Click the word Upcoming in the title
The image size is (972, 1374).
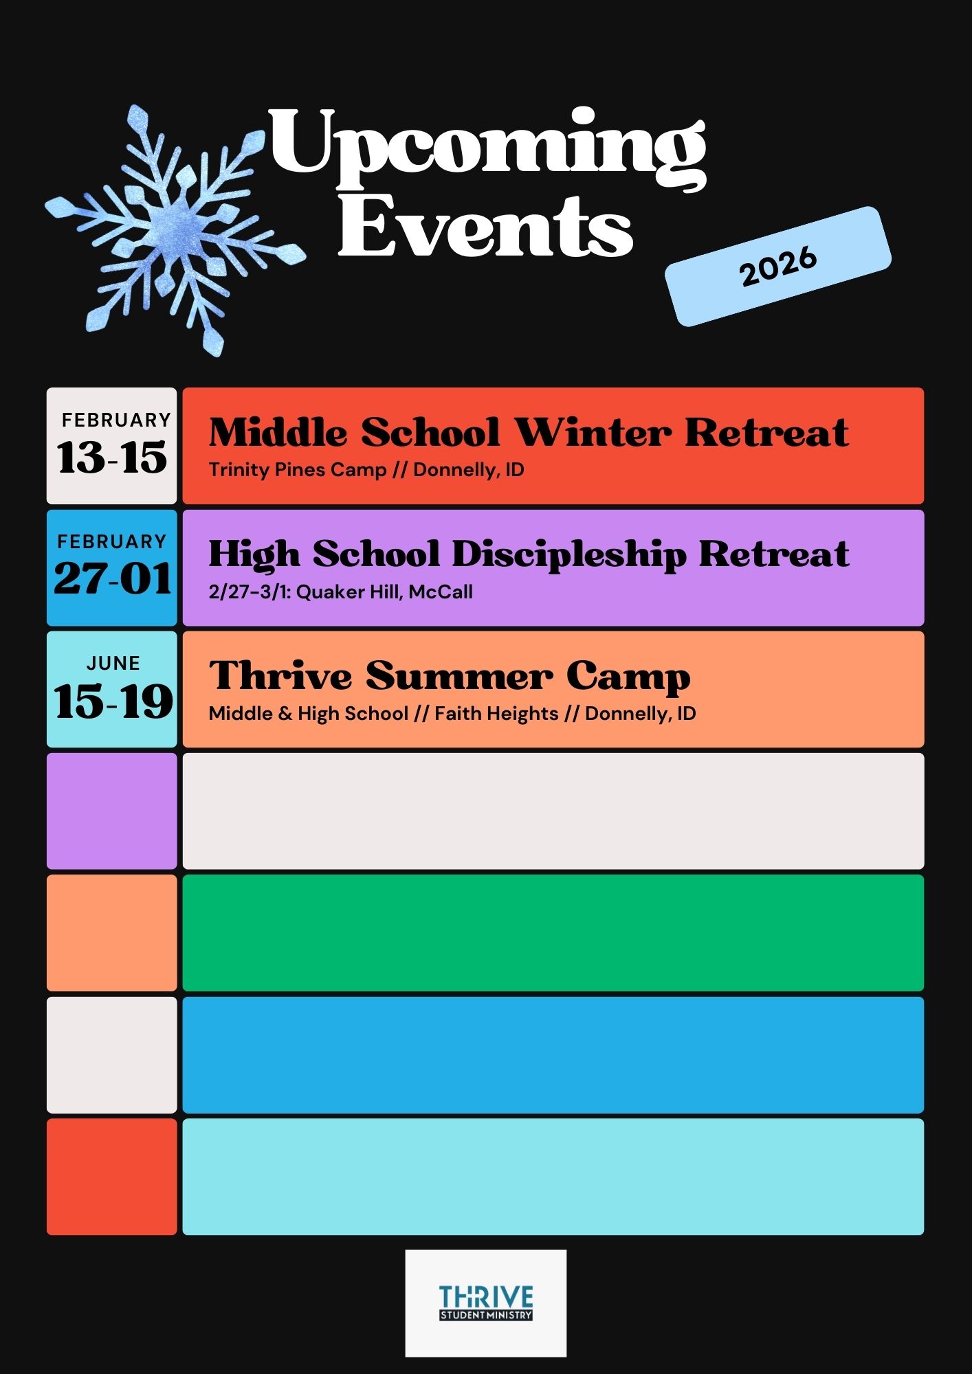(487, 147)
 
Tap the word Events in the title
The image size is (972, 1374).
(485, 227)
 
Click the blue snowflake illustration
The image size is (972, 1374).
(175, 230)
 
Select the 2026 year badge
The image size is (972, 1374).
(778, 266)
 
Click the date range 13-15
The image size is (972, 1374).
(112, 458)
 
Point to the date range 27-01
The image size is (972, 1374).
(113, 578)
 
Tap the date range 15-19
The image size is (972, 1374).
(113, 701)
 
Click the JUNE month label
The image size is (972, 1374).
(113, 663)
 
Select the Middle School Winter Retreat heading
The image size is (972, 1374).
(529, 432)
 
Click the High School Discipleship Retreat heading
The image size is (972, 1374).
(529, 554)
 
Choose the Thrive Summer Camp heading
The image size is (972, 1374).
(450, 676)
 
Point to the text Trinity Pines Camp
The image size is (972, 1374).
(298, 470)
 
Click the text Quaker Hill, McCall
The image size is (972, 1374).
(384, 592)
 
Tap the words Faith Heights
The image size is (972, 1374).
(496, 714)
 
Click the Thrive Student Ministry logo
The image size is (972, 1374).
(486, 1303)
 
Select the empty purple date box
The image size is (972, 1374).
(112, 811)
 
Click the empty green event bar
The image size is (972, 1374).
(553, 933)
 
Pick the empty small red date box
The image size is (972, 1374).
(112, 1177)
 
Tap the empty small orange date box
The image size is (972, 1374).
(112, 933)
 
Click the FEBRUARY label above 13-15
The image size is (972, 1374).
(116, 420)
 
